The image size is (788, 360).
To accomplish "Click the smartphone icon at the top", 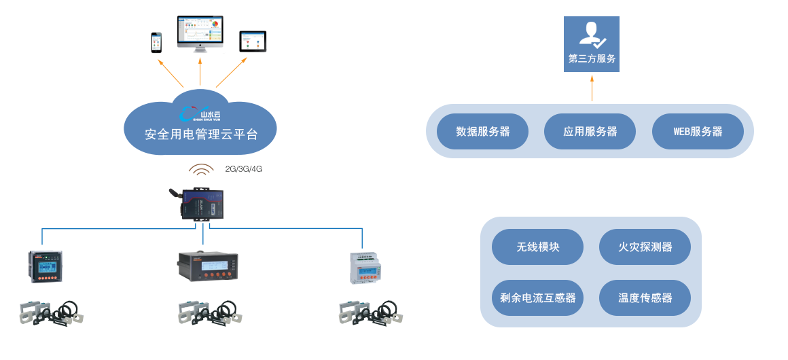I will click(x=157, y=42).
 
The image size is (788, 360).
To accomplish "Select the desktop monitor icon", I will click(x=200, y=33).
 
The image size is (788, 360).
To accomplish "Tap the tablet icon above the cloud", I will click(x=253, y=41).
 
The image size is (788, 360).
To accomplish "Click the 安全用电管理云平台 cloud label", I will click(x=201, y=134).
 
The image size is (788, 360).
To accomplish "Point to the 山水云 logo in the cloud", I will click(x=200, y=114).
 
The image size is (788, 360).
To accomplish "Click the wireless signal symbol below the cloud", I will click(x=202, y=170).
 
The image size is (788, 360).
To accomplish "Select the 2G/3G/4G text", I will click(x=244, y=169).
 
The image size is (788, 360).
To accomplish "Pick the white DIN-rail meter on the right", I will click(x=364, y=267).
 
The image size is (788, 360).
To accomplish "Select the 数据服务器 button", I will click(x=482, y=132).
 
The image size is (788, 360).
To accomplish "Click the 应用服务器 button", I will click(x=590, y=132).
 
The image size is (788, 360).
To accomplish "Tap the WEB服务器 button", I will click(x=698, y=132).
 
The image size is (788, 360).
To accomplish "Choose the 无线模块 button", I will click(x=537, y=247).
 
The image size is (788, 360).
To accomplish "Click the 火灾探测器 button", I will click(x=645, y=247).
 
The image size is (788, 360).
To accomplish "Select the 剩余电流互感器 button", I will click(x=537, y=298).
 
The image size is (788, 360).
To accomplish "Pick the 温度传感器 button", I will click(x=645, y=298).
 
